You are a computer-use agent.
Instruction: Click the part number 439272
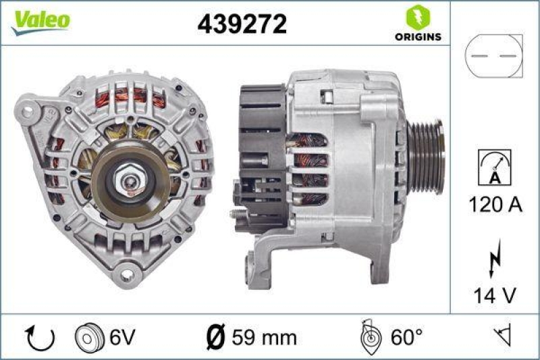point(242,24)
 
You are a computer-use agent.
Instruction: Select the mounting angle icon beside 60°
point(369,336)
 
